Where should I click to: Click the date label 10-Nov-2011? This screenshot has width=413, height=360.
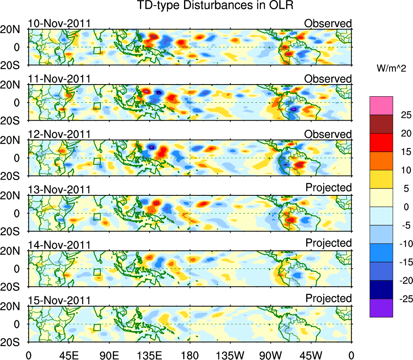pyautogui.click(x=59, y=23)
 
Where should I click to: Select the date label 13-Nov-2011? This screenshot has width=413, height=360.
pyautogui.click(x=59, y=190)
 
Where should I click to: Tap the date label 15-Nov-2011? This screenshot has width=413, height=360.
pyautogui.click(x=59, y=301)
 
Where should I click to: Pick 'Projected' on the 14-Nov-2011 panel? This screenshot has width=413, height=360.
pyautogui.click(x=328, y=243)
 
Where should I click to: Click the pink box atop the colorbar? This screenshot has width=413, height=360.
pyautogui.click(x=381, y=106)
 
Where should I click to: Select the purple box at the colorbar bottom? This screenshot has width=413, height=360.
pyautogui.click(x=381, y=308)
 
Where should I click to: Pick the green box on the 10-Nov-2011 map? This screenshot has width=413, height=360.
pyautogui.click(x=97, y=51)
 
